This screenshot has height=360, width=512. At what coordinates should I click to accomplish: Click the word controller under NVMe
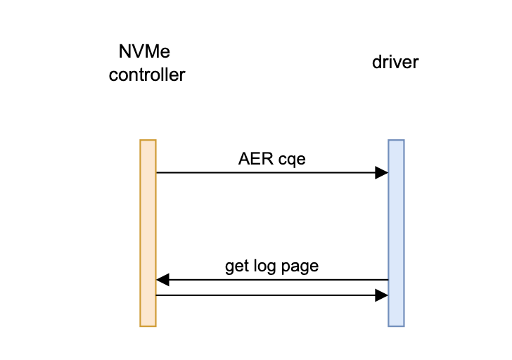coord(146,74)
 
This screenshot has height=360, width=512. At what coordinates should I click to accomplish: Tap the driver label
coord(395,63)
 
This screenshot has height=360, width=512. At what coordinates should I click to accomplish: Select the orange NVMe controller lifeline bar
coord(148,232)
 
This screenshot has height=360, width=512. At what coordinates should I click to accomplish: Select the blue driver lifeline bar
coord(396,232)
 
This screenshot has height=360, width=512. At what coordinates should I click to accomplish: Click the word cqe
coord(291,160)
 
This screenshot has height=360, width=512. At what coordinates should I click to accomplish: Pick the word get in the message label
coord(236,266)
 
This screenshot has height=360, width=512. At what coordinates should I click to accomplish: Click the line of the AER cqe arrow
coord(267,172)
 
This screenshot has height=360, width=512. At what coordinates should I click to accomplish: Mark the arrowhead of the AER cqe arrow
coord(382,172)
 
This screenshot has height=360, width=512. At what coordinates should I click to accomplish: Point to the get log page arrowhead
coord(162,280)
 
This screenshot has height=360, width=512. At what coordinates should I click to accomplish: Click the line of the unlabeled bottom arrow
coord(267,295)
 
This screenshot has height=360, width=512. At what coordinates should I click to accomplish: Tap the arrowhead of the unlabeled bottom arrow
coord(382,295)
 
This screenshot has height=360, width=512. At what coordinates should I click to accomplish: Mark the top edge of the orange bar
coord(148,141)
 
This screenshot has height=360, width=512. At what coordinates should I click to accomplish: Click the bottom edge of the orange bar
coord(148,326)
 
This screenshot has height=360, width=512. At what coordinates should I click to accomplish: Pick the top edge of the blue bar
coord(396,141)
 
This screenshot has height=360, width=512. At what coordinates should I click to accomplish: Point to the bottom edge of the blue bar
coord(396,326)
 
